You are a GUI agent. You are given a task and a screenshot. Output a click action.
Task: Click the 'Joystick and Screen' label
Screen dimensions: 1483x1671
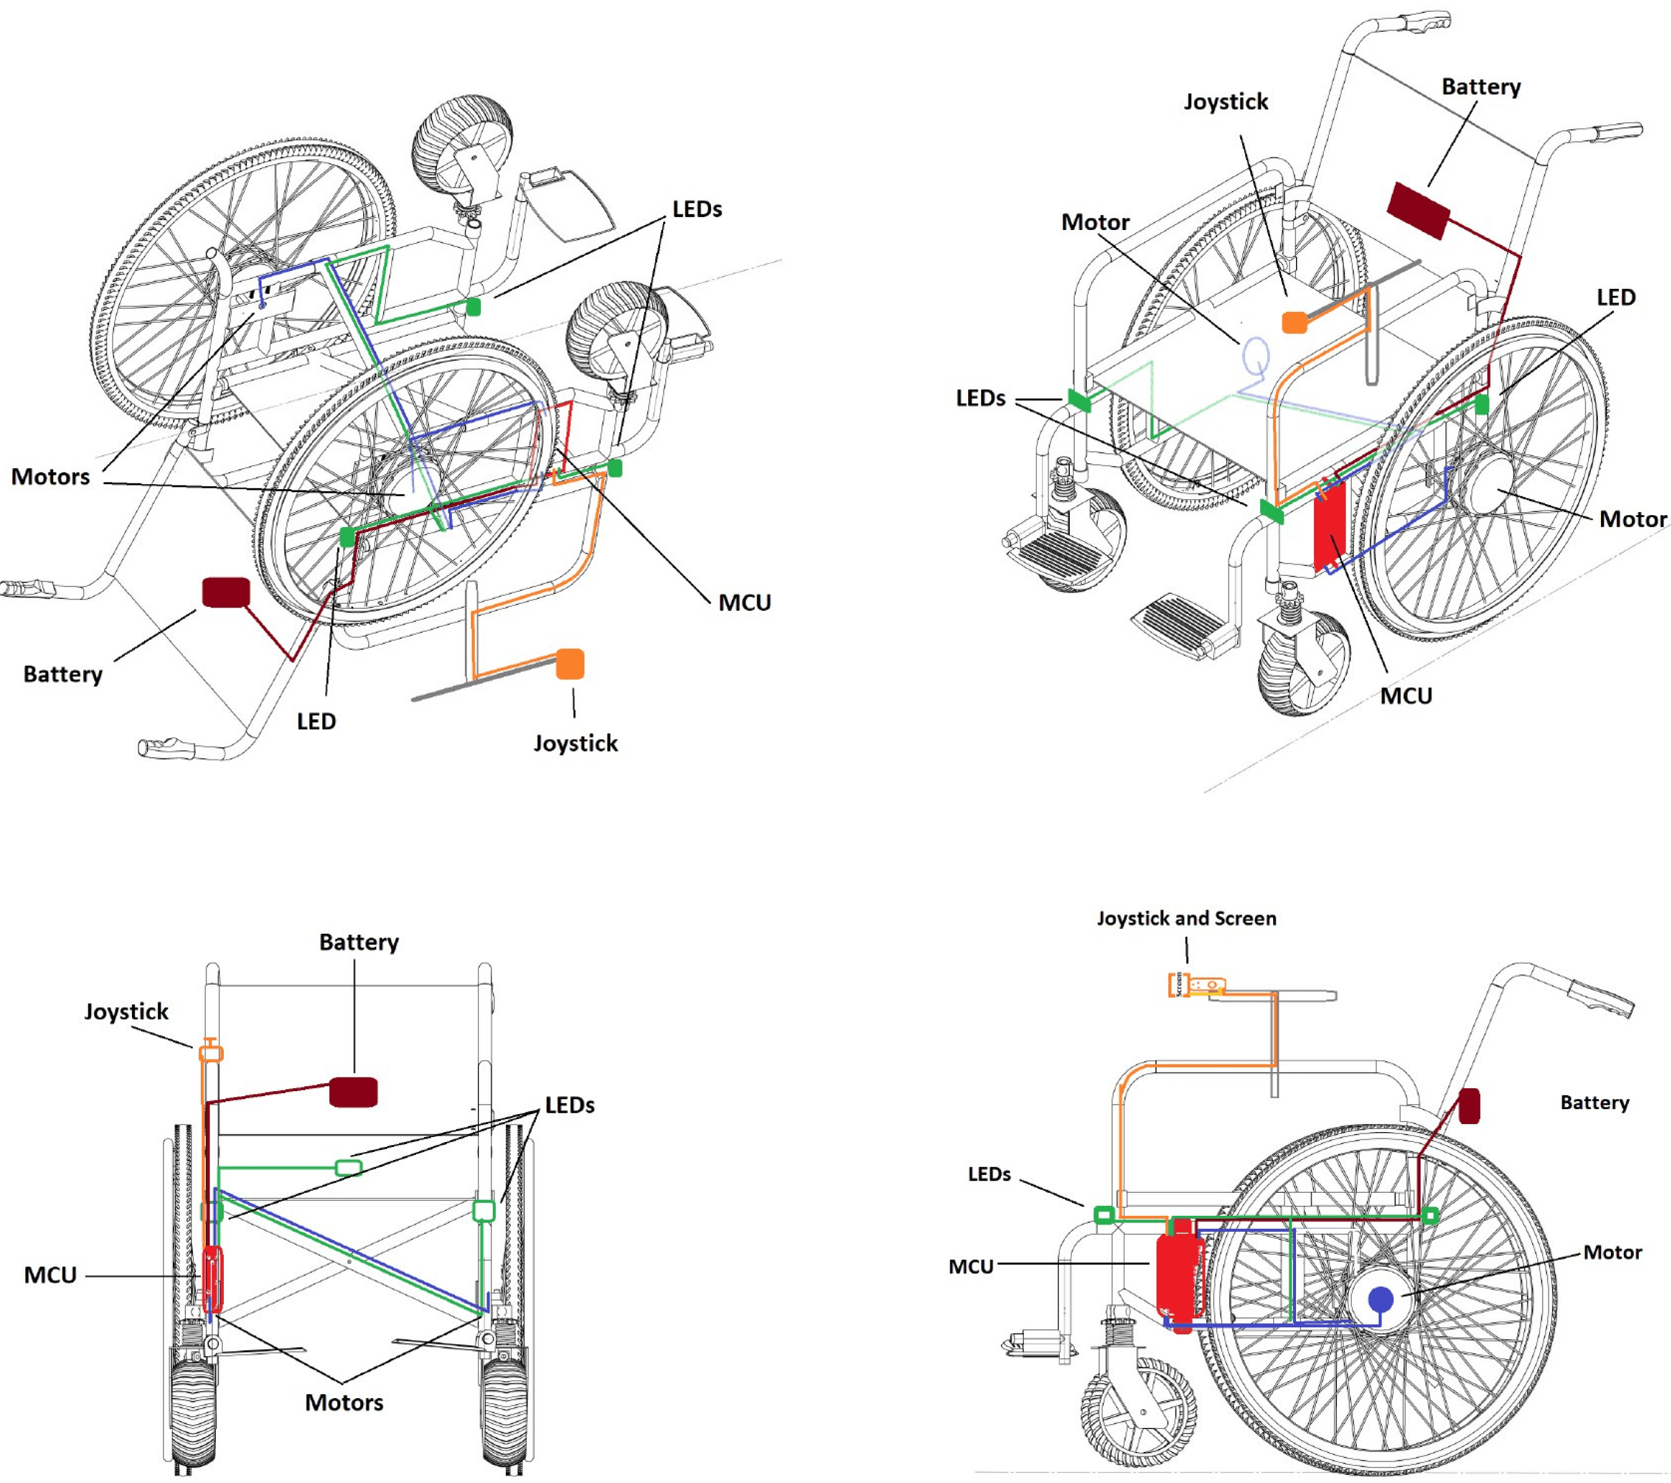pyautogui.click(x=1186, y=918)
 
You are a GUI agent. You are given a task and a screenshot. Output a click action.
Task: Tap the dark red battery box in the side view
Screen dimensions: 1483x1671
pyautogui.click(x=1469, y=1105)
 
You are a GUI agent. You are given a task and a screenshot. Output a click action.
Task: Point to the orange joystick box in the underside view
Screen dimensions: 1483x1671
pyautogui.click(x=570, y=664)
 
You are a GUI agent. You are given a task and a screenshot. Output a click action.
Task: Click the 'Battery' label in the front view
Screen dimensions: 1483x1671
pyautogui.click(x=359, y=942)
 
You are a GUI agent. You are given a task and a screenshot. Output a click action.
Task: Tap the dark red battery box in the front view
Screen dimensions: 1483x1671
pyautogui.click(x=353, y=1092)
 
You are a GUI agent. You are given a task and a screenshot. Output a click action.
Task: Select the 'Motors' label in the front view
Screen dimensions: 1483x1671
pyautogui.click(x=344, y=1403)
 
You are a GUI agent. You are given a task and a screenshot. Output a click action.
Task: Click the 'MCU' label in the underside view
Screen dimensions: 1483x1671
pyautogui.click(x=744, y=603)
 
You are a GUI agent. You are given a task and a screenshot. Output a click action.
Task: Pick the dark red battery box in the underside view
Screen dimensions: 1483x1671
pyautogui.click(x=226, y=593)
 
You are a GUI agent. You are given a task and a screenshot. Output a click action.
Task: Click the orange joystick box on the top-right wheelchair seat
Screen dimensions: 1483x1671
pyautogui.click(x=1294, y=322)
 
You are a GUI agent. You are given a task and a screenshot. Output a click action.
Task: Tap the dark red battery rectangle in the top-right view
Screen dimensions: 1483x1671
pyautogui.click(x=1418, y=211)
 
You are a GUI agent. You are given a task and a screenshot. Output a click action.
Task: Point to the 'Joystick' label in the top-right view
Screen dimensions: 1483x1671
pyautogui.click(x=1225, y=102)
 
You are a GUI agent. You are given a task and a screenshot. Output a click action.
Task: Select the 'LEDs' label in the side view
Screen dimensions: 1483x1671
pyautogui.click(x=989, y=1174)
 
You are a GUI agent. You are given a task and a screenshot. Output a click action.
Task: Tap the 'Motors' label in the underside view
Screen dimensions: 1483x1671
pyautogui.click(x=51, y=477)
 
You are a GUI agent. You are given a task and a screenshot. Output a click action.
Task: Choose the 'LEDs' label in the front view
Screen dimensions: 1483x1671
pyautogui.click(x=570, y=1105)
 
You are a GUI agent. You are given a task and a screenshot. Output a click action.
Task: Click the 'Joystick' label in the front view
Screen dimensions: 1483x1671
pyautogui.click(x=126, y=1011)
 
